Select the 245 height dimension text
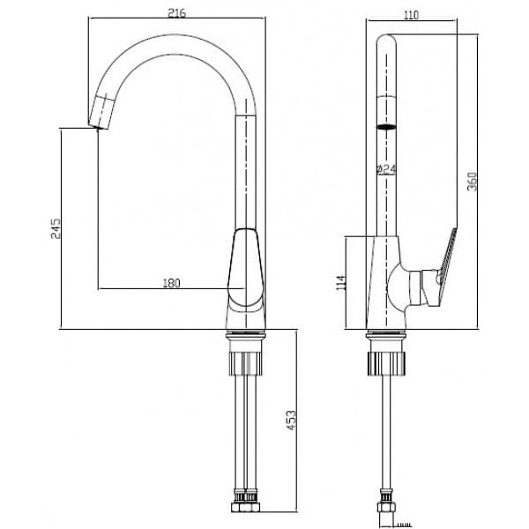(55, 231)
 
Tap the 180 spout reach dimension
(172, 283)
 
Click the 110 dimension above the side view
(411, 15)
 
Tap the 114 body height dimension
(341, 283)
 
